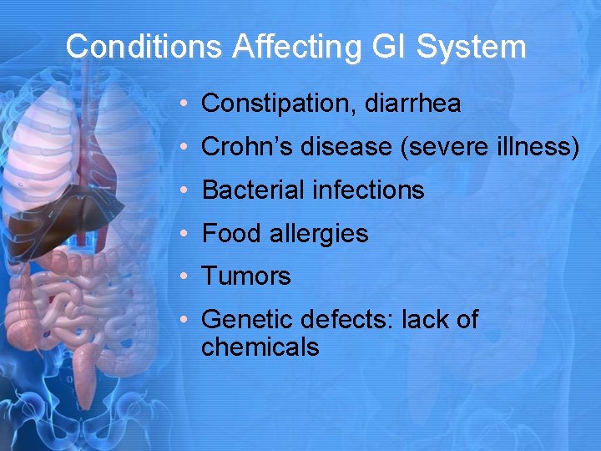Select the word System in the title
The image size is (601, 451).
pyautogui.click(x=472, y=47)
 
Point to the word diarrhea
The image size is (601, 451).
pyautogui.click(x=412, y=104)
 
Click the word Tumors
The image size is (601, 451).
pyautogui.click(x=246, y=276)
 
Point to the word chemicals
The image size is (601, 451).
pyautogui.click(x=260, y=347)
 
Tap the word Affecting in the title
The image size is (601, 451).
pyautogui.click(x=297, y=47)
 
